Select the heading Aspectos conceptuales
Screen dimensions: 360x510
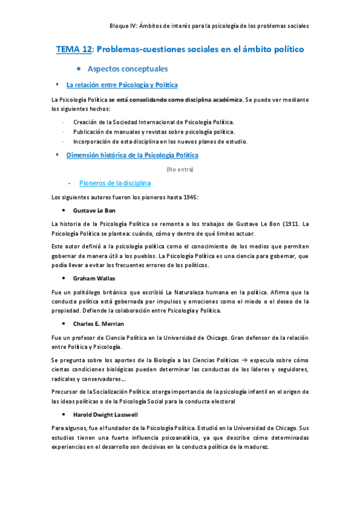pyautogui.click(x=127, y=69)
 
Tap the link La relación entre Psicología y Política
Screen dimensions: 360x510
pyautogui.click(x=121, y=85)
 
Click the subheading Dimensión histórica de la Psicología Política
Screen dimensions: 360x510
pyautogui.click(x=132, y=155)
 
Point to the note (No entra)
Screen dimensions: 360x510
pyautogui.click(x=180, y=169)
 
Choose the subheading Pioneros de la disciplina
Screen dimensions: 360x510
pyautogui.click(x=115, y=183)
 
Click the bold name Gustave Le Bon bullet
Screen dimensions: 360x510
pyautogui.click(x=94, y=210)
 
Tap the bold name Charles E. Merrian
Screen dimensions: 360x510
pyautogui.click(x=99, y=324)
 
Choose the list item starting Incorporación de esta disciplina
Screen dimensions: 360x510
pyautogui.click(x=160, y=141)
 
